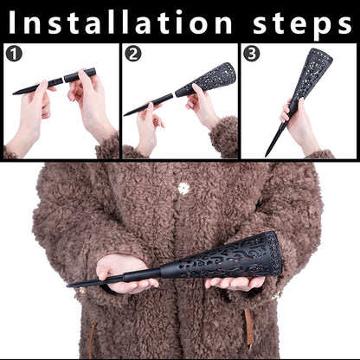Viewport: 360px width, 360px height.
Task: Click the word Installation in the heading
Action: [x=120, y=22]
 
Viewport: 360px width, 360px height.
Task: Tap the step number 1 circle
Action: [x=14, y=54]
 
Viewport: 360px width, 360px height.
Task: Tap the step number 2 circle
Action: [x=133, y=54]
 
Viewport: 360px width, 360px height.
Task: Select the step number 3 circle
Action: [x=252, y=54]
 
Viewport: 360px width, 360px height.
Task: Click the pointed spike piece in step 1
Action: [x=37, y=86]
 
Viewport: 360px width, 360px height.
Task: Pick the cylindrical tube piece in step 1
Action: [x=80, y=75]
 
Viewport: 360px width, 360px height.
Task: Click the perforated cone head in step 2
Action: [x=205, y=80]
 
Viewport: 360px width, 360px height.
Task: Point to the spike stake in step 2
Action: [x=148, y=105]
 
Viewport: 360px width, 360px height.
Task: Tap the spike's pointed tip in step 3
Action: [x=266, y=156]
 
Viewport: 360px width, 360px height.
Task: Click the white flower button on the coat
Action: [x=183, y=189]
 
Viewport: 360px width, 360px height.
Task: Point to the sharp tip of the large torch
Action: [x=67, y=286]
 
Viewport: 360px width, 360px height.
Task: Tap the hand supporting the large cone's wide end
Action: [x=235, y=283]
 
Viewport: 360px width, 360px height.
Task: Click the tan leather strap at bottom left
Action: [x=92, y=340]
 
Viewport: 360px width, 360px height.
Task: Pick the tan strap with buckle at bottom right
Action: [x=248, y=329]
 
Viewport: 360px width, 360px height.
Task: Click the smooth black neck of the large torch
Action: [x=143, y=275]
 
